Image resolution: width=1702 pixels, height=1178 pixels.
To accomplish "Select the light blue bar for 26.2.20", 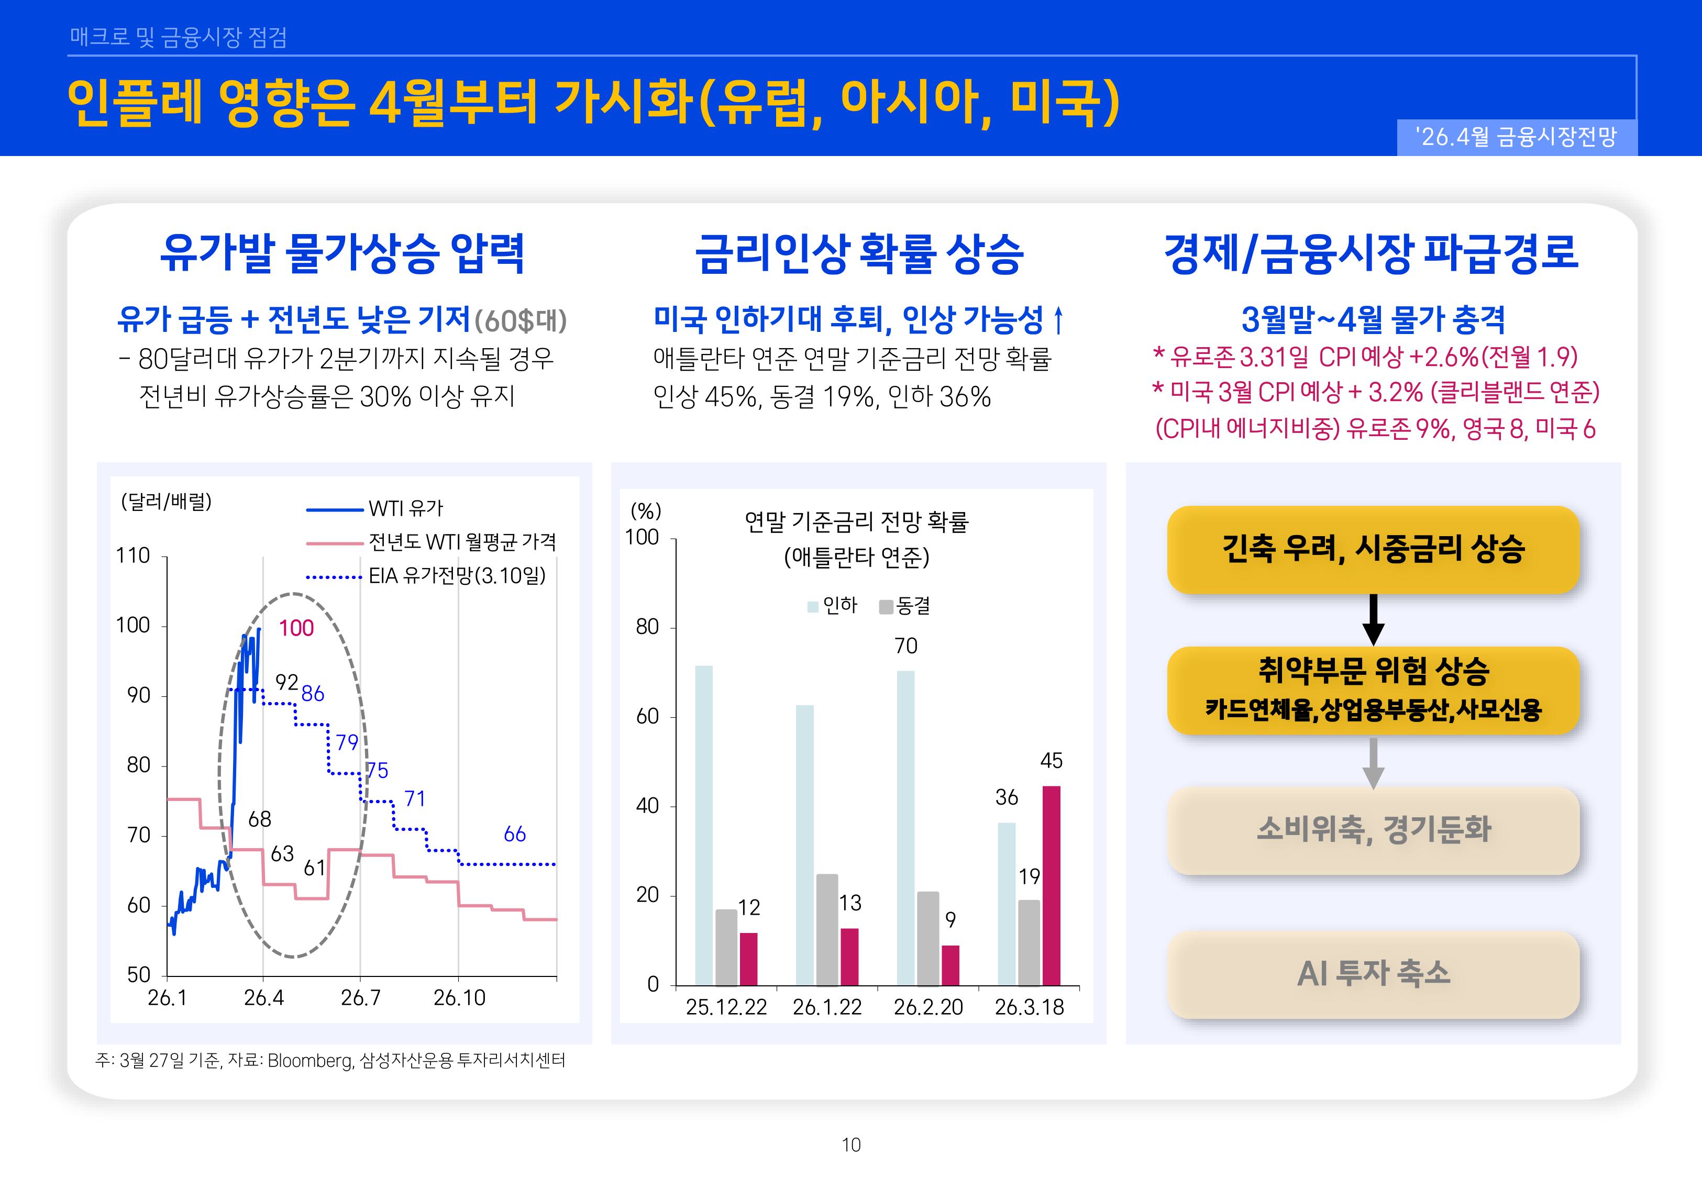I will [x=905, y=827].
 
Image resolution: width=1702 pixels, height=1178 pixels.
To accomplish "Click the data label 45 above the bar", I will [x=1051, y=761].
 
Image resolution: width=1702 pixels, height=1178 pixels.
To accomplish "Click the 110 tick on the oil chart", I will [x=133, y=556].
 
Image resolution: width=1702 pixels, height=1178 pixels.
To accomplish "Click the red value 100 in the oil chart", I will [x=296, y=628].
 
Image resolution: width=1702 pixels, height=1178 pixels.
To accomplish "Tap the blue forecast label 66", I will [x=514, y=835].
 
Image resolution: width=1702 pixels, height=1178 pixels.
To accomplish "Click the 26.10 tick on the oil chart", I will [x=459, y=998].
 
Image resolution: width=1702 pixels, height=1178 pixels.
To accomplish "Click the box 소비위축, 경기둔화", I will [x=1373, y=830].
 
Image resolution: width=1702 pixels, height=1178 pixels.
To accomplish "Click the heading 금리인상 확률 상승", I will [x=858, y=253].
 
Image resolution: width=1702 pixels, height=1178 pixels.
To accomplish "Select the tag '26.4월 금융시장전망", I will [x=1516, y=137].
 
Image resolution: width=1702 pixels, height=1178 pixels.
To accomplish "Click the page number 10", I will [x=851, y=1145].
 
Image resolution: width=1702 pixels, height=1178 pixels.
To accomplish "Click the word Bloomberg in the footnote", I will [x=310, y=1061].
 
